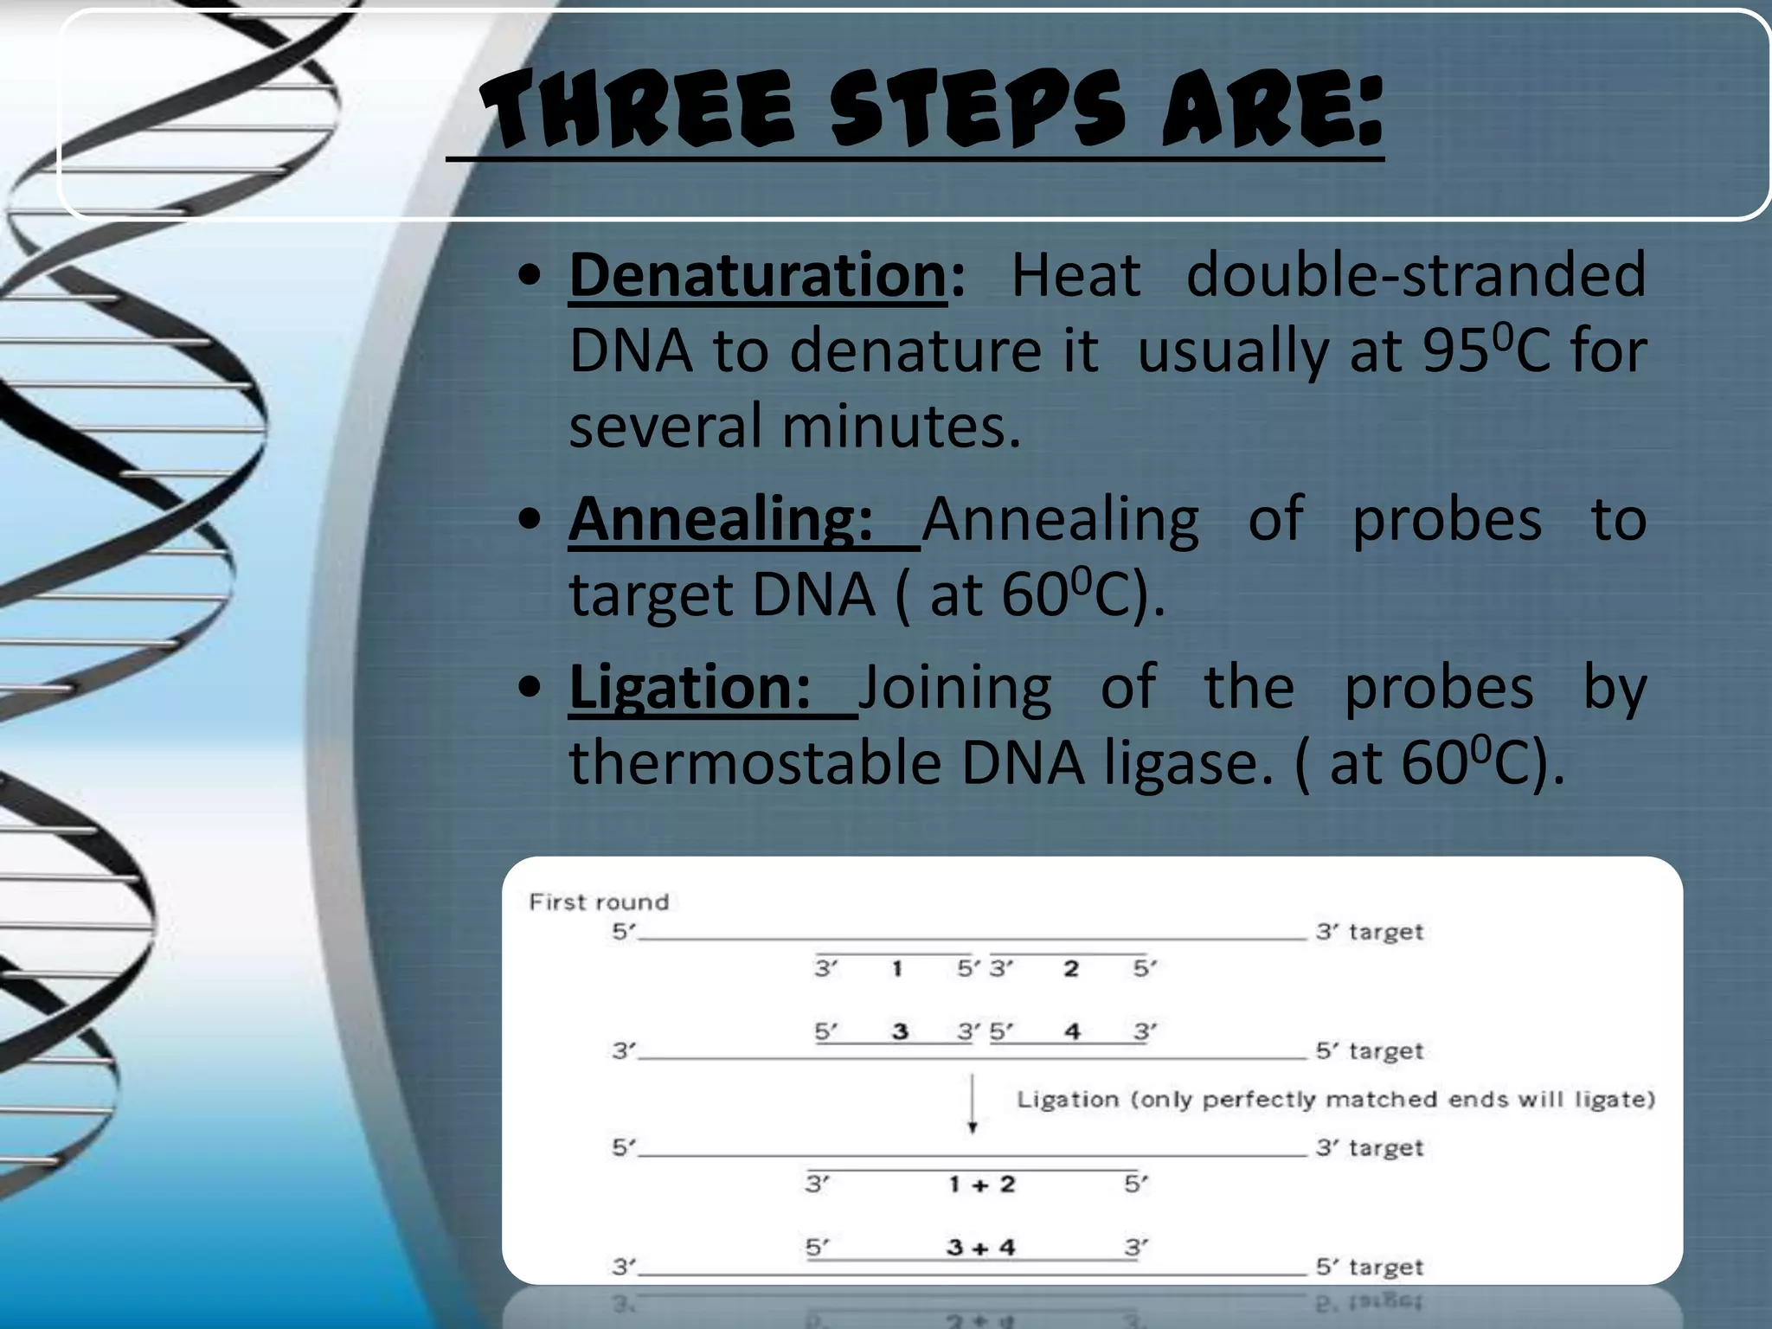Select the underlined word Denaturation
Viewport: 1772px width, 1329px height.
click(758, 275)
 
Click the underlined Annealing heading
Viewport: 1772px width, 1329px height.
click(720, 519)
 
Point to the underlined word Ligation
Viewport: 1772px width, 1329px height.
click(690, 687)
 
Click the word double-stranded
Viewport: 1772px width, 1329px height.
click(1416, 275)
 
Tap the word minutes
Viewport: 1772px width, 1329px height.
click(901, 427)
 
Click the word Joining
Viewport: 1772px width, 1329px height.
click(955, 687)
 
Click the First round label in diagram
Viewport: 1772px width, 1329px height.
click(599, 902)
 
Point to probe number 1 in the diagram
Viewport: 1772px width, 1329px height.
click(897, 968)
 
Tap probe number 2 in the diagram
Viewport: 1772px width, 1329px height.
click(1071, 968)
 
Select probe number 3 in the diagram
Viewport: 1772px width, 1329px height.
click(900, 1031)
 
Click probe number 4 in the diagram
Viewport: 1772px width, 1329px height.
click(1072, 1031)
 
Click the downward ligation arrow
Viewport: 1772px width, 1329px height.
click(973, 1103)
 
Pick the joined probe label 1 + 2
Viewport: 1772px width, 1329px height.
click(981, 1184)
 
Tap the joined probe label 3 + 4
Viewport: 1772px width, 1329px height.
click(980, 1247)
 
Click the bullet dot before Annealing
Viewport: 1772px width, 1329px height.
click(530, 520)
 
